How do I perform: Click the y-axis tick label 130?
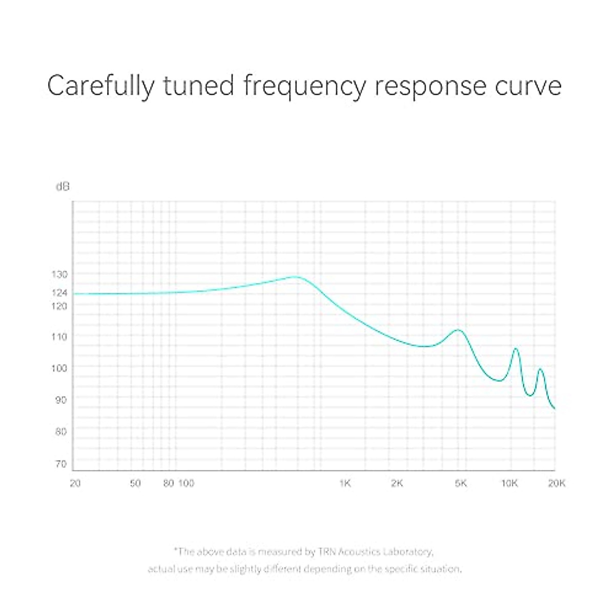click(59, 274)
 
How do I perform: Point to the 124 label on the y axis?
click(59, 293)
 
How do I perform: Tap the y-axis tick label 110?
click(59, 337)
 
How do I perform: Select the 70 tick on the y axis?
click(61, 464)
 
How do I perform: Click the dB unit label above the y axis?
click(62, 187)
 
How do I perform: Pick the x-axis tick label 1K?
click(345, 483)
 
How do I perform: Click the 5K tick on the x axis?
click(461, 483)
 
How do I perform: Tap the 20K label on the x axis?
click(557, 483)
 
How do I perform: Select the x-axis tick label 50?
click(135, 483)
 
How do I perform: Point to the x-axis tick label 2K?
click(397, 483)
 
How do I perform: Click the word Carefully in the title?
click(100, 86)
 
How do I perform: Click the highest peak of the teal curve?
click(296, 277)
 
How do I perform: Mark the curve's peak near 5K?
click(458, 330)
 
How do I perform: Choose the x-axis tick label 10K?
click(509, 483)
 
